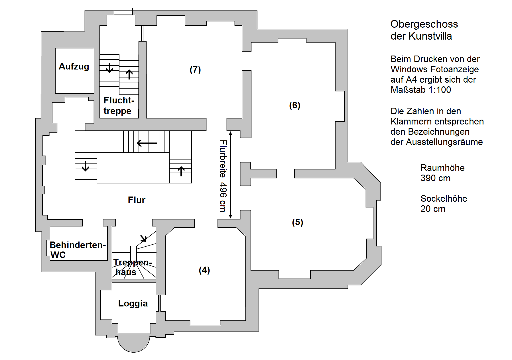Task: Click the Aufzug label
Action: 74,66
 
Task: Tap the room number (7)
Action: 195,69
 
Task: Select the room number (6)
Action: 295,105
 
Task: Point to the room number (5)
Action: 298,222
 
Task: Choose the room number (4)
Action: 204,270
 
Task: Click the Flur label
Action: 137,200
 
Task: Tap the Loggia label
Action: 133,303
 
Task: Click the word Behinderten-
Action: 78,245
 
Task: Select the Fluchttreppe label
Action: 119,105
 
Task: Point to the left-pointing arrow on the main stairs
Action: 147,143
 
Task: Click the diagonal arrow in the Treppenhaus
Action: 143,238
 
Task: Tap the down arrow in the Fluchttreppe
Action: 109,68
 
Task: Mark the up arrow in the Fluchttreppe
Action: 129,74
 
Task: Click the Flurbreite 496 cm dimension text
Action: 223,176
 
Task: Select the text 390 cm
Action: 435,178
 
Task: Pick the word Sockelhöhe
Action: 444,199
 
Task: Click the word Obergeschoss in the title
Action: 424,24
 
